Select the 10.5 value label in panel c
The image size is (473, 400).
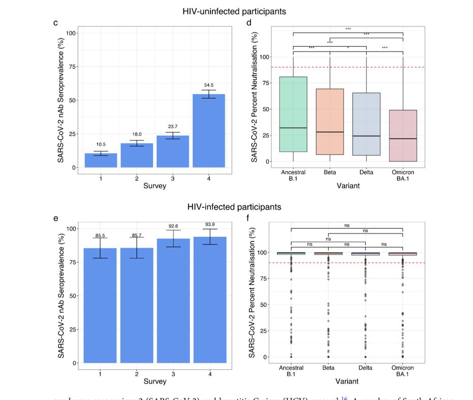point(101,144)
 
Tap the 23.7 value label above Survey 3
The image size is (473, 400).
point(173,127)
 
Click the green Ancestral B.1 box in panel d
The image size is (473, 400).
point(293,114)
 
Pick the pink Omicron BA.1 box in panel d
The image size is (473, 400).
point(403,136)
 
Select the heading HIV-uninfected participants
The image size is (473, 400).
point(234,11)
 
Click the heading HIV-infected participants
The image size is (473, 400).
point(234,207)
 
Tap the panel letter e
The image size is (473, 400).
point(55,219)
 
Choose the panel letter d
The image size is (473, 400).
point(248,23)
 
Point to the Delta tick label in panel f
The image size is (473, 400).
point(366,368)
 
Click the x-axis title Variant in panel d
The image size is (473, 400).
point(348,186)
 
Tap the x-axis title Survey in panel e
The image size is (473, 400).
point(154,381)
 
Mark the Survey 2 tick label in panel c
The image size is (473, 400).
point(137,178)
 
